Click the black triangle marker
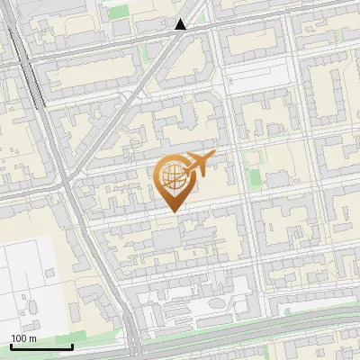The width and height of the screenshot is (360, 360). click(181, 24)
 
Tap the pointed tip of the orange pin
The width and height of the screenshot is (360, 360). click(174, 212)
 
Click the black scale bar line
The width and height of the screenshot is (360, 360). click(40, 346)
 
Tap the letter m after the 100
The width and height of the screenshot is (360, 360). click(32, 338)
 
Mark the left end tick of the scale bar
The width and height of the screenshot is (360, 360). click(10, 345)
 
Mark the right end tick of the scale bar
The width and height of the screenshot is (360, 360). click(72, 345)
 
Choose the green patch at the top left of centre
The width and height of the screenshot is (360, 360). click(117, 12)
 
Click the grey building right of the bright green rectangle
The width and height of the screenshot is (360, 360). click(274, 177)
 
